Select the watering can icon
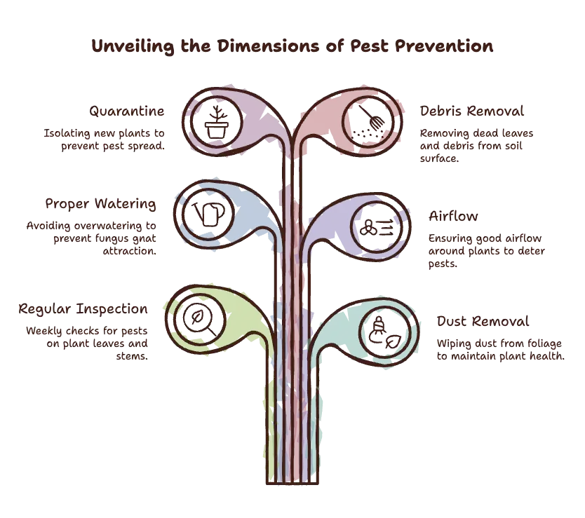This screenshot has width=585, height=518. click(208, 214)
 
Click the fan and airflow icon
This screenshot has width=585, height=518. click(377, 227)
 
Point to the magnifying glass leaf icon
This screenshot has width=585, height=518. click(200, 320)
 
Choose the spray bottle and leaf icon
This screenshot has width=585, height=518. click(384, 333)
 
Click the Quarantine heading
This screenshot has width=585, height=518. click(127, 111)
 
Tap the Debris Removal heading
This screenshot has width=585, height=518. click(472, 111)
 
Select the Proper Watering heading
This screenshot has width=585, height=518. click(101, 204)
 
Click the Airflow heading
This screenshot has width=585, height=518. click(453, 216)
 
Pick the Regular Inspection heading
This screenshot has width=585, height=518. click(83, 309)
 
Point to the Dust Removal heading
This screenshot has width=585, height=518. click(483, 321)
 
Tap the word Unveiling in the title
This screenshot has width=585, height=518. click(133, 47)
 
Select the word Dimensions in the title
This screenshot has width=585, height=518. click(268, 46)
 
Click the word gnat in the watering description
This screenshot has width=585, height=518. click(144, 238)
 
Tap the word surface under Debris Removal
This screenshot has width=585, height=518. click(439, 158)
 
